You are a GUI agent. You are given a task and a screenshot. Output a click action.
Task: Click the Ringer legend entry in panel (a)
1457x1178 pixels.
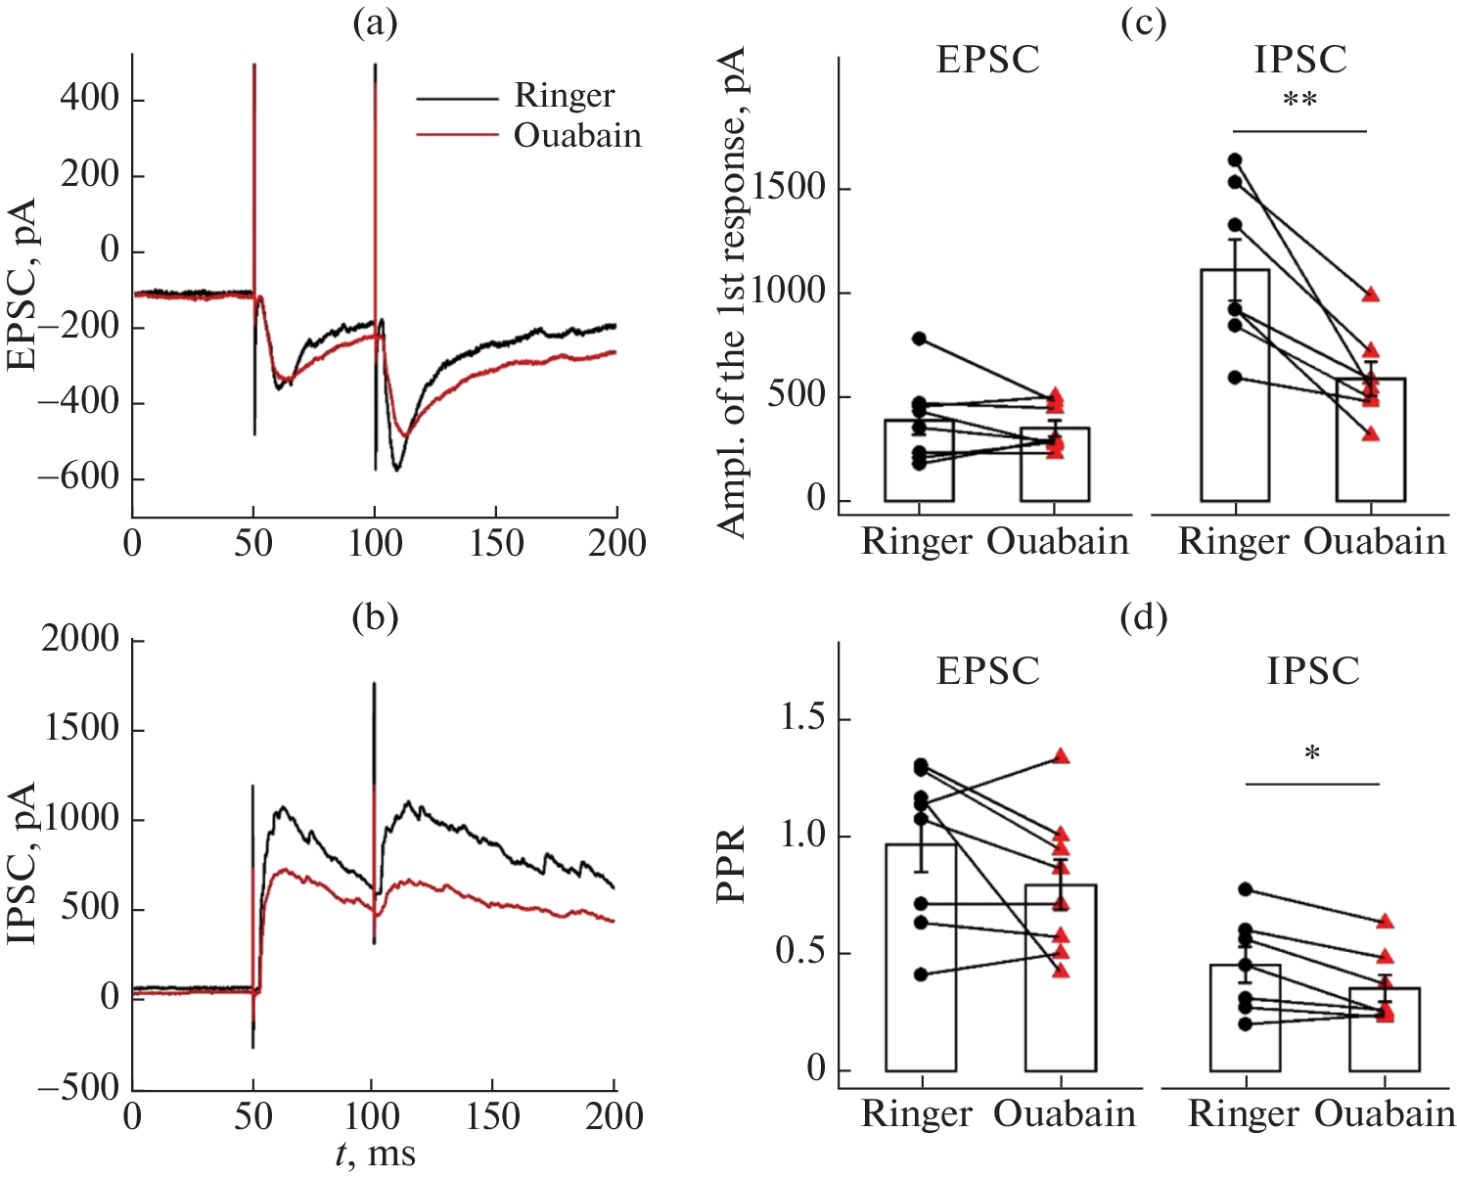[x=564, y=96]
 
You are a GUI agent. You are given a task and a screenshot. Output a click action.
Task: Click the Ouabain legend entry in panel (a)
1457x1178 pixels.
[x=577, y=135]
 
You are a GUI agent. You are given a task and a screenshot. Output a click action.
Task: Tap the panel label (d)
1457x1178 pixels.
[x=1144, y=617]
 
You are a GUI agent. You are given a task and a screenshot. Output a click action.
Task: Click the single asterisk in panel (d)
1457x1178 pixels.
[x=1312, y=754]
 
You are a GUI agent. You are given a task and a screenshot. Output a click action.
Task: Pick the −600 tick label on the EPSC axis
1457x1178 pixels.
[x=78, y=478]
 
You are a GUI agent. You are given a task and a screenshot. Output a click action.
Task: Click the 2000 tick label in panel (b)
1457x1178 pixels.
[x=80, y=639]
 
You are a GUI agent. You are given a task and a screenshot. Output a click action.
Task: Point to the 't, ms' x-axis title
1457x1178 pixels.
[x=375, y=1154]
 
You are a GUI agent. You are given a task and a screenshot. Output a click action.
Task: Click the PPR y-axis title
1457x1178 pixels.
[x=732, y=865]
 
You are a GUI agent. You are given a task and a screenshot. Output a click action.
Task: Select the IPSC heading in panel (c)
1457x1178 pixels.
[x=1300, y=60]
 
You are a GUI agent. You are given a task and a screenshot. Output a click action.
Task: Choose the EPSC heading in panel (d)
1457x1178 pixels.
[x=987, y=671]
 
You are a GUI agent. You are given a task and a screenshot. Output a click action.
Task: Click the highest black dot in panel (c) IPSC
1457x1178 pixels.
[x=1235, y=159]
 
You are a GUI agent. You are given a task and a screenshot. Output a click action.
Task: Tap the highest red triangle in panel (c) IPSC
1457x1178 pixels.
[x=1371, y=294]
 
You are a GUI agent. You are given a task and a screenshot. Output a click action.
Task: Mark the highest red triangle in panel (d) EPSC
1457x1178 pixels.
[x=1061, y=756]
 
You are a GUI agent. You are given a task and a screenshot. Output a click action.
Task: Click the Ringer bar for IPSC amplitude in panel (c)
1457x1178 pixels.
[x=1235, y=391]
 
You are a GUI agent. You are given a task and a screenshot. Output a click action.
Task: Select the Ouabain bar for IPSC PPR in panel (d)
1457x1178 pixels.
[x=1384, y=1032]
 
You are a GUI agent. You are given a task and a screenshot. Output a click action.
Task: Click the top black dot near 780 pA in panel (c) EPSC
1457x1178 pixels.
[x=919, y=339]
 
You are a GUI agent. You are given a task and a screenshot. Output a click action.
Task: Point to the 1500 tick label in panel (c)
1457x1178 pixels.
[x=791, y=189]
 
